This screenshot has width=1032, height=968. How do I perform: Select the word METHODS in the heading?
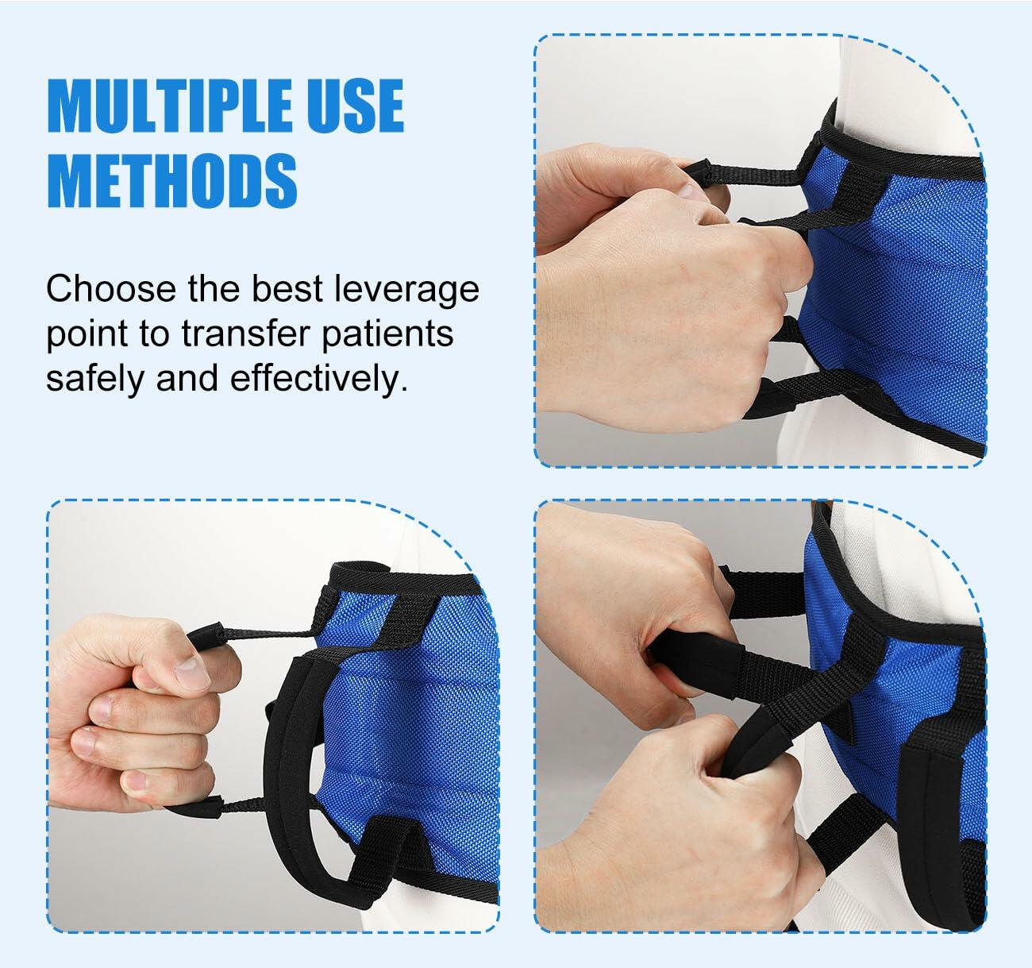(x=172, y=180)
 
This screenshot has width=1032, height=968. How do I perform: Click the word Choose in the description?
(x=111, y=288)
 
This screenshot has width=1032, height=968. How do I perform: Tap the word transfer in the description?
(x=246, y=334)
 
